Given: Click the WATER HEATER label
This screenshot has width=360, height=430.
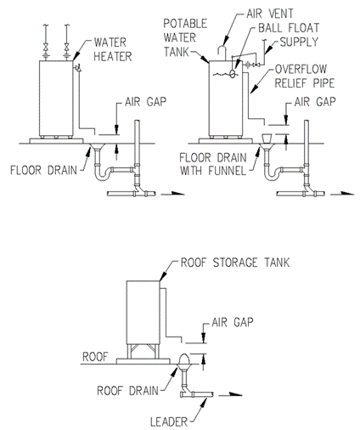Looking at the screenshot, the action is pyautogui.click(x=113, y=49).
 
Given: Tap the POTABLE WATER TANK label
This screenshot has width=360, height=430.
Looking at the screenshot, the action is pyautogui.click(x=185, y=37).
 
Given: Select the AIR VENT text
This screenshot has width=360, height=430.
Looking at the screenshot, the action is pyautogui.click(x=270, y=14).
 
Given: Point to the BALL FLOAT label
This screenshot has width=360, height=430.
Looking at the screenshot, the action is pyautogui.click(x=289, y=28).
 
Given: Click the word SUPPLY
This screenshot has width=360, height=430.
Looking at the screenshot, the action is pyautogui.click(x=299, y=42).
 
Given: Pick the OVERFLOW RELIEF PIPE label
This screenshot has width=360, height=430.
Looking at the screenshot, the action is pyautogui.click(x=305, y=76).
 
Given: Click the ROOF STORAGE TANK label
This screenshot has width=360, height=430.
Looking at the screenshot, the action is pyautogui.click(x=235, y=263).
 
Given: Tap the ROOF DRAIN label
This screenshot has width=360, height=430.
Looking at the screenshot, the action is pyautogui.click(x=127, y=391).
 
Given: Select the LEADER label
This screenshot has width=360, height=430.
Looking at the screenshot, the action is pyautogui.click(x=169, y=422).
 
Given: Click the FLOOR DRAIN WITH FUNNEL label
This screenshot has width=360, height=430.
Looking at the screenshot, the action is pyautogui.click(x=213, y=164).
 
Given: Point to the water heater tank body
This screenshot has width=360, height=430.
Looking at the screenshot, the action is pyautogui.click(x=56, y=98).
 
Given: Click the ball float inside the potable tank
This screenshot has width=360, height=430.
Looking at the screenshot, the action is pyautogui.click(x=233, y=74).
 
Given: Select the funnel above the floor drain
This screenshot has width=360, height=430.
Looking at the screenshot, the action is pyautogui.click(x=267, y=139).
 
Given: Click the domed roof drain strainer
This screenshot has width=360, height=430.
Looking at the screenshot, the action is pyautogui.click(x=184, y=359).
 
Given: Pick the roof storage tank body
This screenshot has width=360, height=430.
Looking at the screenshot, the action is pyautogui.click(x=143, y=313).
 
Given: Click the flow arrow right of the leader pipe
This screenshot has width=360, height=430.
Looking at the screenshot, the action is pyautogui.click(x=231, y=394).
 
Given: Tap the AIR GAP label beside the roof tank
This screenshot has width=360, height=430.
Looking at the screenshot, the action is pyautogui.click(x=233, y=322).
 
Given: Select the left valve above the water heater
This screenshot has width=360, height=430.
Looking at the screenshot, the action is pyautogui.click(x=46, y=47).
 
